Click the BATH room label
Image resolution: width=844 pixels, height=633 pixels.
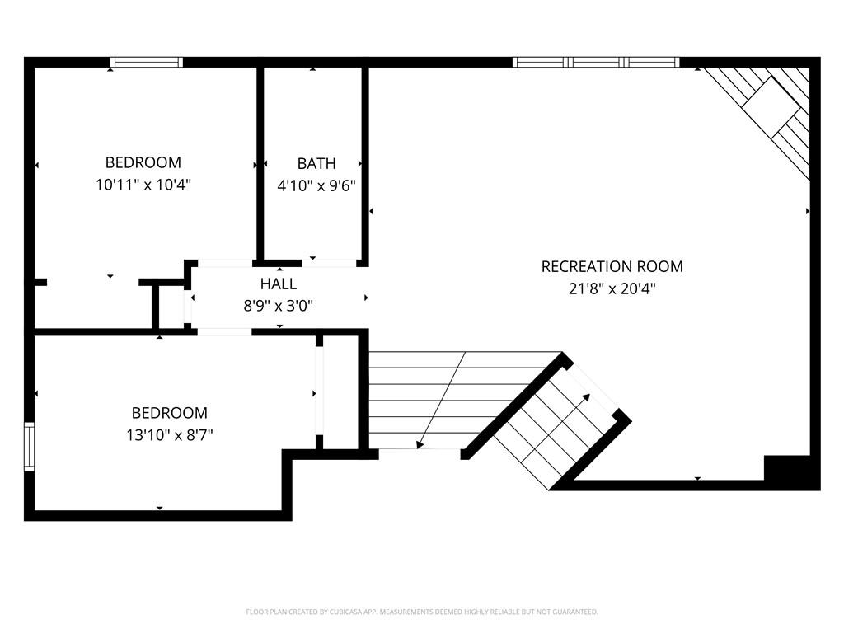tap(316, 163)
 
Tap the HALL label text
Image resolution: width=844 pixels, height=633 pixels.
tap(279, 284)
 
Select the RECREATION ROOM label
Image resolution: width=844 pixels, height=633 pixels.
tap(612, 266)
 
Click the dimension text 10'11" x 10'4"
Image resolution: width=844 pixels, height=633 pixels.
tap(143, 185)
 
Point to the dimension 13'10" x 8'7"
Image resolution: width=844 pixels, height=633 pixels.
tap(170, 435)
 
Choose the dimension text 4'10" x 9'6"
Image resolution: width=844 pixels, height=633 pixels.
tap(316, 186)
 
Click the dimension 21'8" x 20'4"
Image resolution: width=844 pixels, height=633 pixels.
tap(612, 289)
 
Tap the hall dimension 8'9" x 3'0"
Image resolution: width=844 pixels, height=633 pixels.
tap(279, 307)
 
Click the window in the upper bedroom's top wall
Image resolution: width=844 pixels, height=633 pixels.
tap(147, 62)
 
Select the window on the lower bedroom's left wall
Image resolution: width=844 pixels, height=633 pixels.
tap(29, 447)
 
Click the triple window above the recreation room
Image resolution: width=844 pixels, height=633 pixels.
tap(596, 62)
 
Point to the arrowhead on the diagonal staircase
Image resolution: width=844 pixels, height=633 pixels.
tap(586, 398)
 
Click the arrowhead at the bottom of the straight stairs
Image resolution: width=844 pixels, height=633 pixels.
tap(420, 444)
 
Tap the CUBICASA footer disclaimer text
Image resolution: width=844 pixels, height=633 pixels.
tap(422, 612)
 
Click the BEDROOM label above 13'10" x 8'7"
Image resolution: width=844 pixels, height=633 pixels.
tap(170, 413)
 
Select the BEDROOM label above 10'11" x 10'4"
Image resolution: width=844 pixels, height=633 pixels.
tap(143, 162)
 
